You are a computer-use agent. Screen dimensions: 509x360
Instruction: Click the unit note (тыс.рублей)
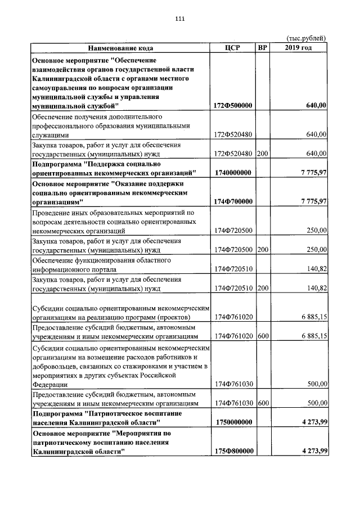pos(307,38)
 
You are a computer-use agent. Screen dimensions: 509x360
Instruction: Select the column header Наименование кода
pos(120,48)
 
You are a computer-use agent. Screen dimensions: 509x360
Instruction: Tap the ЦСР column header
pos(233,48)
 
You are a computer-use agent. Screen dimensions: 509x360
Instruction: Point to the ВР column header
pos(262,48)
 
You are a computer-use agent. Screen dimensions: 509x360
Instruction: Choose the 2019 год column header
pos(299,48)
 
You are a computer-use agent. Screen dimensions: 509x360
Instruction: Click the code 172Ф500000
pos(233,105)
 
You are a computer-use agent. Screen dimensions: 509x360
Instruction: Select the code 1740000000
pos(233,173)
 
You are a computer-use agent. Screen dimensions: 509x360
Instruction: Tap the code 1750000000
pos(233,422)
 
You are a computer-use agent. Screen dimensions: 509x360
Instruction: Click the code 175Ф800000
pos(233,451)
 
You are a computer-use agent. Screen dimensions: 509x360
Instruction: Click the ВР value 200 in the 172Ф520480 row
pos(263,154)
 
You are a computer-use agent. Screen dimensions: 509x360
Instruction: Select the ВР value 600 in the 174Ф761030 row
pos(263,403)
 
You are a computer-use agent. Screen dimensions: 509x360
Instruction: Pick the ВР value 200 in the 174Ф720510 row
pos(263,288)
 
